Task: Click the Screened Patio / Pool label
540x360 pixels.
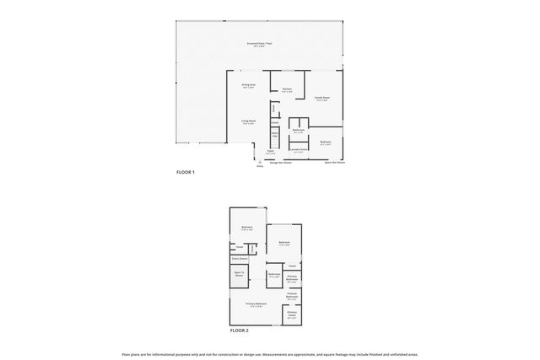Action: click(259, 43)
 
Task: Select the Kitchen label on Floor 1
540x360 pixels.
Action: click(287, 89)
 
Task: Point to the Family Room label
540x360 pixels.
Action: click(322, 99)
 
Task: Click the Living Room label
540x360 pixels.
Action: click(248, 122)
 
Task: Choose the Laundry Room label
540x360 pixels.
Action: click(297, 151)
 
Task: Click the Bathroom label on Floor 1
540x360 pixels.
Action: click(298, 131)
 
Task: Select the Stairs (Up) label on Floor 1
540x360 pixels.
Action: click(275, 133)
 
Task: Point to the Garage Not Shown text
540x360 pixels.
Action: click(280, 162)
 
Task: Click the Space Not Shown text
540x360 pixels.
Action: click(335, 162)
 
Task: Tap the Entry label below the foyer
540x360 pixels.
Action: click(260, 165)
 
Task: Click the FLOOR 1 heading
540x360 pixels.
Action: click(186, 172)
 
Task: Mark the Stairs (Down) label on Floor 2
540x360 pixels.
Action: click(240, 259)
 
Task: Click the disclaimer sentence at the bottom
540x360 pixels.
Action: click(270, 355)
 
